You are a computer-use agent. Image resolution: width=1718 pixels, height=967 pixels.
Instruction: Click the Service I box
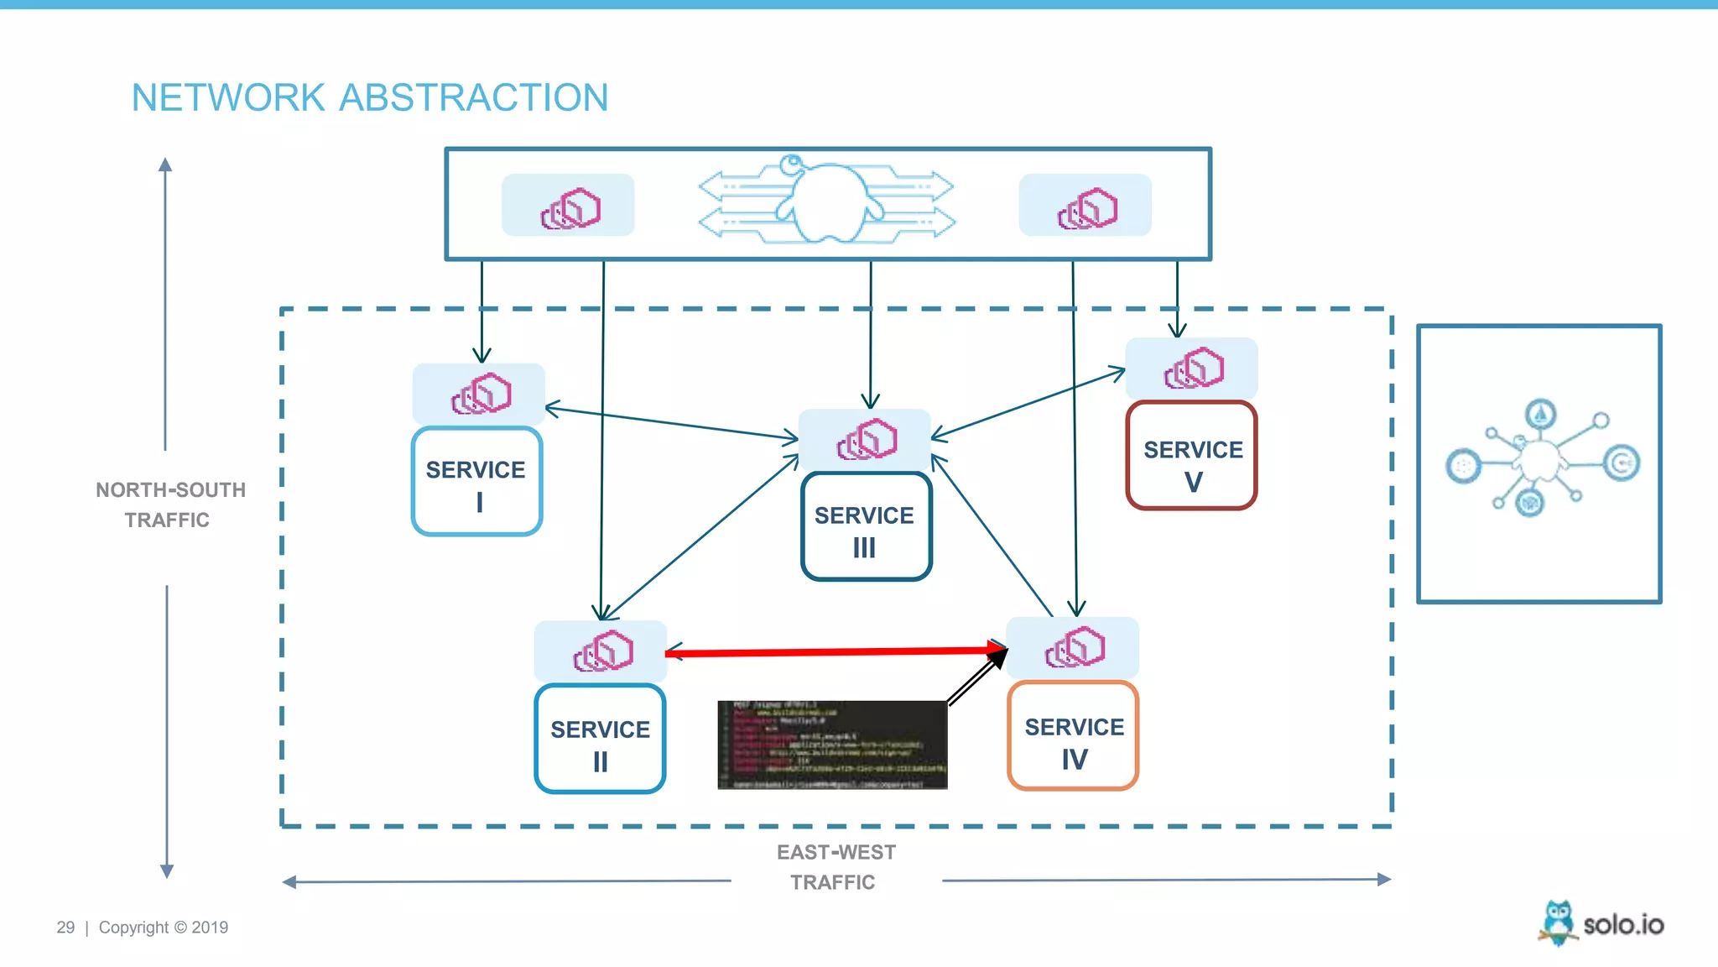(476, 482)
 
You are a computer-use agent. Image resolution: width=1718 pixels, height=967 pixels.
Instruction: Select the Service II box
(600, 740)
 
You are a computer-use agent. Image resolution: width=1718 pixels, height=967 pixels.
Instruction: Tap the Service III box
(866, 527)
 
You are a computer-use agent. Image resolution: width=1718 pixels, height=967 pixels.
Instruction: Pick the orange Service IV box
(1073, 736)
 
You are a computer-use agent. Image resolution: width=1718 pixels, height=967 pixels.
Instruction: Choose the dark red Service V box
(1191, 456)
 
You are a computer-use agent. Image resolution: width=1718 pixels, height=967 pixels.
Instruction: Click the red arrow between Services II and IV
(835, 651)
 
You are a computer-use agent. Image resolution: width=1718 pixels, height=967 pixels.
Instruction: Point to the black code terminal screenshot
(832, 745)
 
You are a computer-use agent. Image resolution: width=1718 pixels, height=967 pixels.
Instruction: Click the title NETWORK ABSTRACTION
(370, 97)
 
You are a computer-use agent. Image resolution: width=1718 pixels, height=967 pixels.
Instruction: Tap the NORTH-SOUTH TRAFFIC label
(170, 504)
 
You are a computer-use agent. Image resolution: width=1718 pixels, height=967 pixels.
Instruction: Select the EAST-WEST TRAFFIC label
(836, 867)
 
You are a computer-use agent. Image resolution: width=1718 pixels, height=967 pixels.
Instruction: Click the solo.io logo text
(1623, 925)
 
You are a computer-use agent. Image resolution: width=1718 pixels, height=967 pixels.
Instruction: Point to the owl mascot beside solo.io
(1558, 923)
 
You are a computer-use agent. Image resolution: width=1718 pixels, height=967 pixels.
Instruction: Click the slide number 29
(65, 928)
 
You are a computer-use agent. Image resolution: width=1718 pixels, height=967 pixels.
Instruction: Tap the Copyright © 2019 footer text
(164, 928)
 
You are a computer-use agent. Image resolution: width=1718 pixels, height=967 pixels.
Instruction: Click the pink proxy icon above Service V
(1193, 369)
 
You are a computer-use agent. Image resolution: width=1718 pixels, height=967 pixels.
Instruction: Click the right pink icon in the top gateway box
(1086, 207)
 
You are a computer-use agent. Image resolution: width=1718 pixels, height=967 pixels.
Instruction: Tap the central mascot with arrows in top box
(827, 200)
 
